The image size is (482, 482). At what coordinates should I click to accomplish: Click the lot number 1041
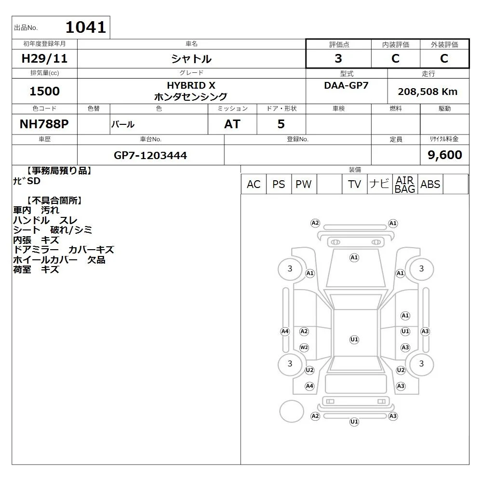coord(86,27)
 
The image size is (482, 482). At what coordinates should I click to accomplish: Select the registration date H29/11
coord(44,58)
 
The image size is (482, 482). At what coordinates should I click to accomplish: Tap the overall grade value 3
coord(338,58)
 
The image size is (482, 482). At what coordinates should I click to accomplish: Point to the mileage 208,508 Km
coord(428,92)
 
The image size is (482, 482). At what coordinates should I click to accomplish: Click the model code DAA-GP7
coord(346,85)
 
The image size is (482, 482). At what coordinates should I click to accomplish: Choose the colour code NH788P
coord(44,124)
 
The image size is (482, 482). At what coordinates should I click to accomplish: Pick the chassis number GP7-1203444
coord(150,155)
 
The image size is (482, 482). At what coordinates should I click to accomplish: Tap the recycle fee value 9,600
coord(445,155)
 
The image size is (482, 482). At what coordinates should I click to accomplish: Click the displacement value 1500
coord(44,91)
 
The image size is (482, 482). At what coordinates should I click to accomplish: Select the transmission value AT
coord(232,124)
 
